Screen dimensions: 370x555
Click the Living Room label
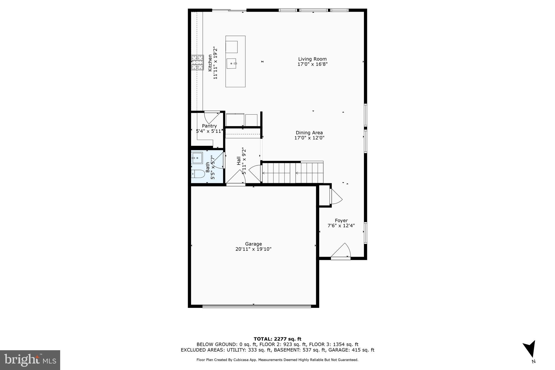click(x=312, y=59)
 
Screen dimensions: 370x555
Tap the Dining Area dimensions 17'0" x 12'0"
click(x=309, y=138)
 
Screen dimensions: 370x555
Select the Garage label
click(x=253, y=244)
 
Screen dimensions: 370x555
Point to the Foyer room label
click(x=341, y=221)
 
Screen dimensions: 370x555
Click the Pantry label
click(x=209, y=126)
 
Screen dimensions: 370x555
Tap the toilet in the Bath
click(x=198, y=173)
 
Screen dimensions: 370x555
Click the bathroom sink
click(x=197, y=157)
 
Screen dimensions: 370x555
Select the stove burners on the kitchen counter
click(x=197, y=63)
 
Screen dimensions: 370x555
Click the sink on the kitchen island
click(x=231, y=63)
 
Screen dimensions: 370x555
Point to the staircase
click(x=293, y=173)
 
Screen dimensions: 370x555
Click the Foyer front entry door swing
click(x=342, y=251)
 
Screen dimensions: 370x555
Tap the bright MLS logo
click(x=30, y=360)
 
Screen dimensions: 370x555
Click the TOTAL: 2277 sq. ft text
click(x=277, y=339)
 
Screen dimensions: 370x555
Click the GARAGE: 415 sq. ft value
click(x=351, y=350)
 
